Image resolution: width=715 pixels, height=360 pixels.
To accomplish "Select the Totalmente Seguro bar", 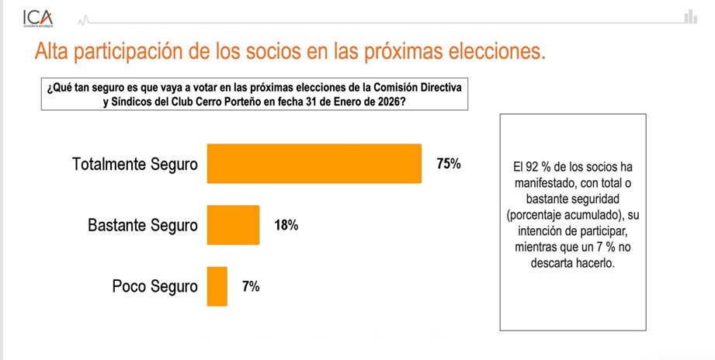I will tap(314, 164).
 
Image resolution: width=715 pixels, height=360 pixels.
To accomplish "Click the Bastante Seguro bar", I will tap(233, 225).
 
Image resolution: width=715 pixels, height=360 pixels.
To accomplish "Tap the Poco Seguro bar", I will tap(217, 286).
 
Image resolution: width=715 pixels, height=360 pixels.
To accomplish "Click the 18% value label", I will tap(286, 226).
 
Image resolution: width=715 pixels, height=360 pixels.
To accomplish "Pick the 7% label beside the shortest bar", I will tap(251, 286).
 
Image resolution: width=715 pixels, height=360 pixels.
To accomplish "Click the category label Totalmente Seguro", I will tap(135, 164).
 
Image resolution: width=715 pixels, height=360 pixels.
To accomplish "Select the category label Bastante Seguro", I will tap(143, 226).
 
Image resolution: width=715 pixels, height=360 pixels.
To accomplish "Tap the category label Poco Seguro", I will tap(155, 286).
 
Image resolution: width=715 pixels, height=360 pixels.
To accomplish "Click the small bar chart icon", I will tap(689, 16).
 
